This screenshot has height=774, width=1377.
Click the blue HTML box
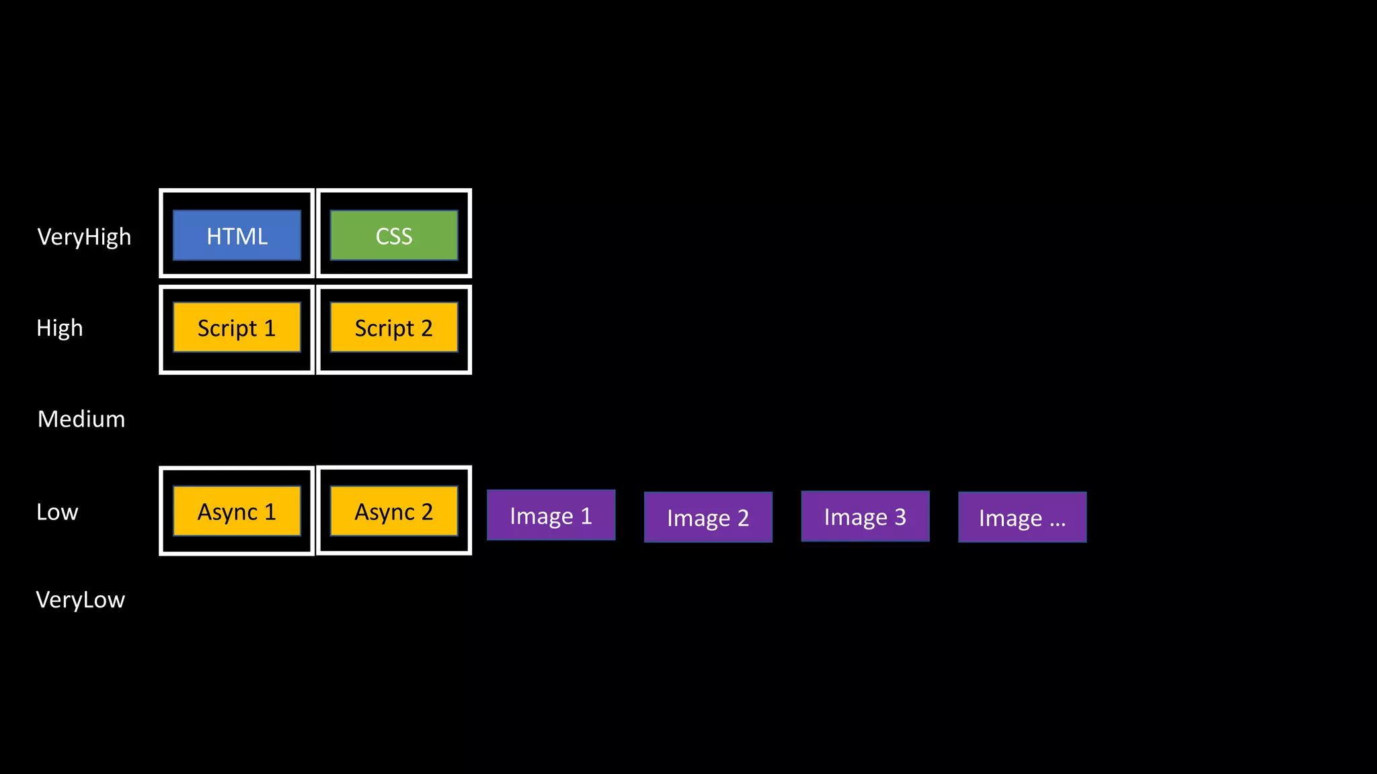(x=237, y=235)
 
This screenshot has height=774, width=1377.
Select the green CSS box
(x=394, y=235)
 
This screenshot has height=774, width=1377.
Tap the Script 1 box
(x=237, y=327)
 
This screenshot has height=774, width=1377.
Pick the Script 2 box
(x=394, y=327)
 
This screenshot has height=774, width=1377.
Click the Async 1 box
(x=237, y=511)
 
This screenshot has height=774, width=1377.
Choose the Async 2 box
(x=394, y=511)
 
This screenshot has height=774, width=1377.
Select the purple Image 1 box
(x=551, y=515)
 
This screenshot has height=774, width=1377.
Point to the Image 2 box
(x=708, y=517)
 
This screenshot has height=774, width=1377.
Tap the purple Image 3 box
(x=865, y=517)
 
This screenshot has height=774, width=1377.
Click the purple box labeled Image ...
(x=1022, y=517)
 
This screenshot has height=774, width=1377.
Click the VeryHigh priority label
(x=84, y=236)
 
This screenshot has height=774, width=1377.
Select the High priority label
(x=60, y=328)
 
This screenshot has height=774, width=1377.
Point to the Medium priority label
(x=81, y=419)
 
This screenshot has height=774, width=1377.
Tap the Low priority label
(x=57, y=512)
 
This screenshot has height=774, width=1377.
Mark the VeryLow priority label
(x=81, y=599)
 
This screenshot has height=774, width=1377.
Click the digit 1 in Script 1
(x=270, y=328)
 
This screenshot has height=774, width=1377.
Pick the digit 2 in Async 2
(x=426, y=512)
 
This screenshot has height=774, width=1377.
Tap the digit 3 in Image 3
(x=900, y=517)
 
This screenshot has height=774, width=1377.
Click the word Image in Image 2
(x=699, y=519)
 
